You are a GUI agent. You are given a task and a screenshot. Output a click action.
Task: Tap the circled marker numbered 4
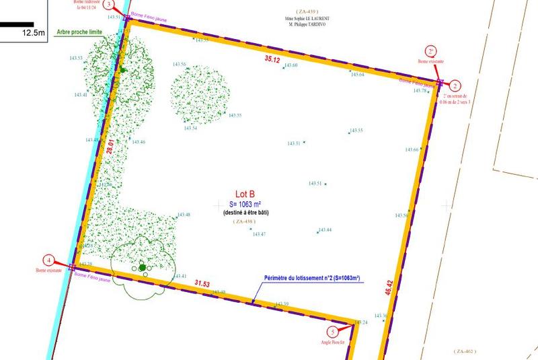click(48, 260)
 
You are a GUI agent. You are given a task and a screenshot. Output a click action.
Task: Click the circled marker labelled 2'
click(433, 52)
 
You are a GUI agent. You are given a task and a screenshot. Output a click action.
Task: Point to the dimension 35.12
click(272, 60)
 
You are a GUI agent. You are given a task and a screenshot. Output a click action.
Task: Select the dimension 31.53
click(202, 284)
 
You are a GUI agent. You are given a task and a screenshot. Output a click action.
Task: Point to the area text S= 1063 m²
click(245, 203)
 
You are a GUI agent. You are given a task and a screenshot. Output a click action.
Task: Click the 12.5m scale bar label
click(33, 32)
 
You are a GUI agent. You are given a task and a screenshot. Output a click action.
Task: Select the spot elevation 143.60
click(291, 65)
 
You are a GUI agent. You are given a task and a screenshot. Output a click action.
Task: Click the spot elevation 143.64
click(357, 75)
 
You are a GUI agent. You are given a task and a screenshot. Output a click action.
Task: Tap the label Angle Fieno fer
click(333, 343)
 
